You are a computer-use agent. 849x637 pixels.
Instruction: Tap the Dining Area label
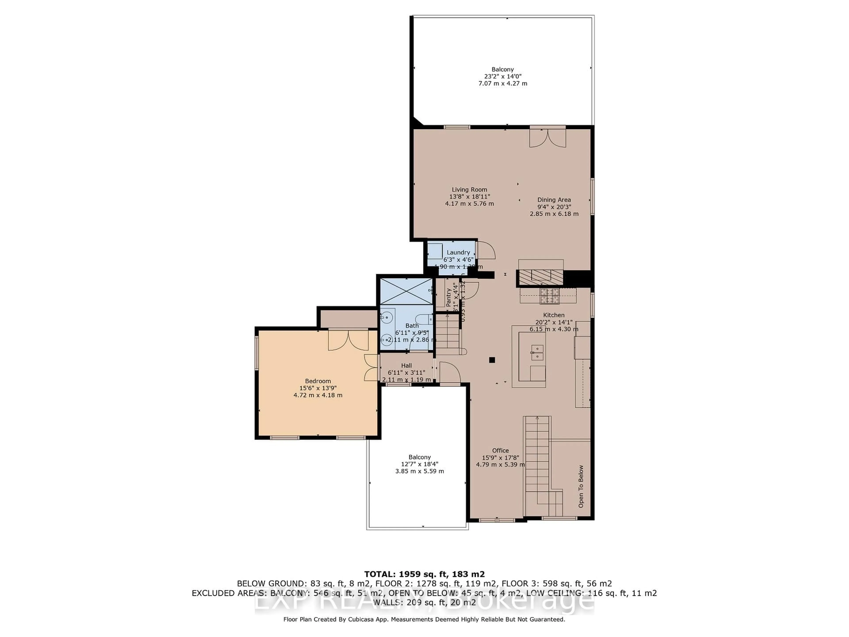554,200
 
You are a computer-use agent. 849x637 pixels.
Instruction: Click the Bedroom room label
318,381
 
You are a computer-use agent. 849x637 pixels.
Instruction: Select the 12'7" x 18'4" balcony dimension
419,464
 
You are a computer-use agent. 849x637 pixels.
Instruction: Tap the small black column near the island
492,360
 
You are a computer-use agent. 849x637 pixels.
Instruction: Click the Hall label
406,366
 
